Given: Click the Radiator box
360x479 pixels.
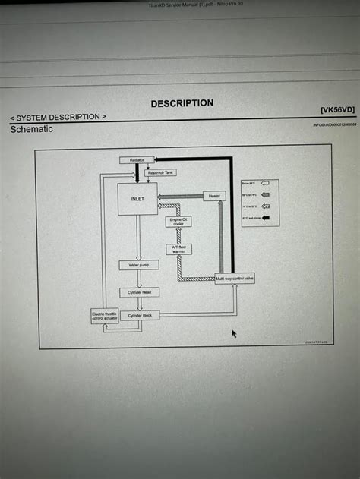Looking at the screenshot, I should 137,160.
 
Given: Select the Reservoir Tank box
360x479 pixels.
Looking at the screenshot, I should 160,172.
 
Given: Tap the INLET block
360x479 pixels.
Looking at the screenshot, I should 137,199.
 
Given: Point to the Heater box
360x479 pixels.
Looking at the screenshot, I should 215,196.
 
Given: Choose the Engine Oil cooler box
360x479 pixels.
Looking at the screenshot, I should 178,222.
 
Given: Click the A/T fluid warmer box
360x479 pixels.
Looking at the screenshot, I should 178,249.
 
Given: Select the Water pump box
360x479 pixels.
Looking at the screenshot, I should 138,265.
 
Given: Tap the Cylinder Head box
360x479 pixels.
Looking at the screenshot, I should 139,292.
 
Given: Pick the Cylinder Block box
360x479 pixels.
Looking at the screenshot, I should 140,315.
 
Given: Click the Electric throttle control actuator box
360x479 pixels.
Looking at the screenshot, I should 104,316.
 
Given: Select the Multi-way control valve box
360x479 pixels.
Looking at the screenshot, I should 235,279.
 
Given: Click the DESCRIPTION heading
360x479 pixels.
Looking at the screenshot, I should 182,103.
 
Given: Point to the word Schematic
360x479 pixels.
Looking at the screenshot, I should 31,130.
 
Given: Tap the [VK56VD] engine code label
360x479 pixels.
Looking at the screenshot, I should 337,110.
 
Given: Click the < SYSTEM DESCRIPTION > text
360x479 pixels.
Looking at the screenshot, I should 58,117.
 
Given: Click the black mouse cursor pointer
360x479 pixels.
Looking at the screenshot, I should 235,333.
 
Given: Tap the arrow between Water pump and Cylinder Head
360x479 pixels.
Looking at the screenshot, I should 139,279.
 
